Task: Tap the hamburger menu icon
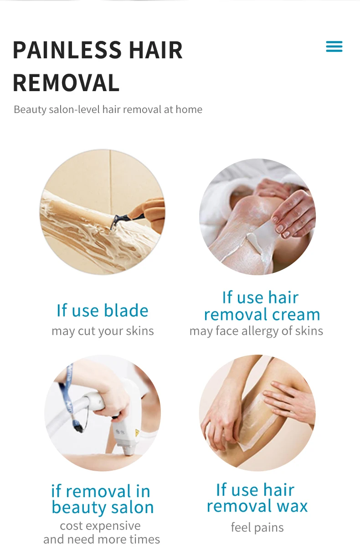(x=334, y=46)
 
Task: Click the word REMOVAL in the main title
(x=66, y=83)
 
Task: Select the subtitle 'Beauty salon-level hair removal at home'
(x=108, y=109)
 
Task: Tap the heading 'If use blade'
(x=103, y=310)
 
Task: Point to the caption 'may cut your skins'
(x=103, y=331)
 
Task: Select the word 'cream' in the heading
(x=295, y=314)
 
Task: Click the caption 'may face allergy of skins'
(x=256, y=331)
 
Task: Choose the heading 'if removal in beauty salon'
(x=102, y=499)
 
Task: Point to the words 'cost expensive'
(x=100, y=526)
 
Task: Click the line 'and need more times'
(x=102, y=539)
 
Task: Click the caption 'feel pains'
(x=257, y=528)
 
